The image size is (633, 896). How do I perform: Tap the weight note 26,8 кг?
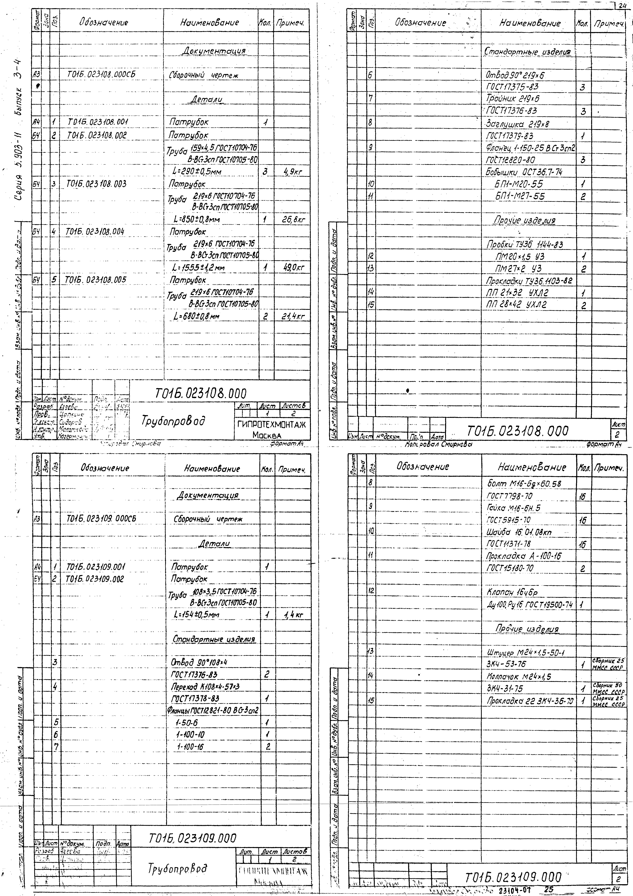click(x=293, y=220)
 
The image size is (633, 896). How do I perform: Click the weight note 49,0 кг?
click(x=293, y=268)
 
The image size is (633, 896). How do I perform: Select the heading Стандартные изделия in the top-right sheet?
click(x=527, y=52)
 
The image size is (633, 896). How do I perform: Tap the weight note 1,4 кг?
click(x=294, y=615)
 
